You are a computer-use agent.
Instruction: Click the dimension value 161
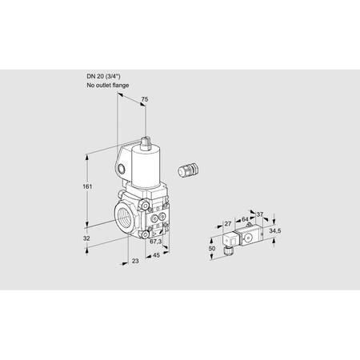click(x=87, y=186)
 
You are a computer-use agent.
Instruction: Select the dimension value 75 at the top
click(x=144, y=99)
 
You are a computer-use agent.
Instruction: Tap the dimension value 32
click(x=86, y=238)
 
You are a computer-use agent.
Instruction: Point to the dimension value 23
click(x=135, y=261)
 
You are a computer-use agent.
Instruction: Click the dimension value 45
click(x=156, y=255)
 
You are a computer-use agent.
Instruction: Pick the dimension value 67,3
click(x=155, y=242)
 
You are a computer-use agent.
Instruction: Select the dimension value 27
click(x=227, y=224)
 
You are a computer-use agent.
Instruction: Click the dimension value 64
click(x=245, y=219)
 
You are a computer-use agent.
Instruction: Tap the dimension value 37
click(x=259, y=214)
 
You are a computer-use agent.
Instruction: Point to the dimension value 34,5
click(x=274, y=230)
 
